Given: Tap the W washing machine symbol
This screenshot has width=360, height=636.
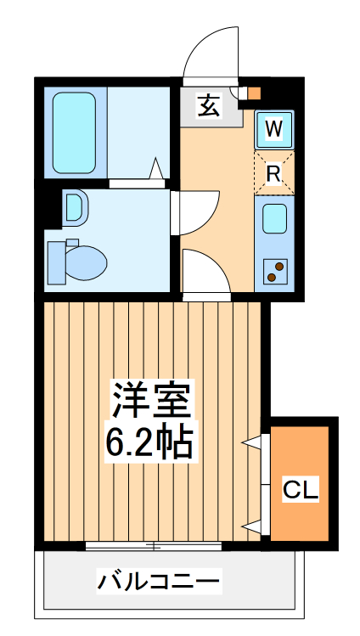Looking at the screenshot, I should (273, 129).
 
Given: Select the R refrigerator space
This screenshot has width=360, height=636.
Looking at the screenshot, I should (273, 174).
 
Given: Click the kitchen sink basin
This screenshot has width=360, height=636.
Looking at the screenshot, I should (274, 219).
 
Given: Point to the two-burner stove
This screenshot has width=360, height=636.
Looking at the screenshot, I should (275, 270).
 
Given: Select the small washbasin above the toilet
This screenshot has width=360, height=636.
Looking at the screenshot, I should (73, 206).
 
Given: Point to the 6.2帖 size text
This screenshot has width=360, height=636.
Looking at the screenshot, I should (149, 440).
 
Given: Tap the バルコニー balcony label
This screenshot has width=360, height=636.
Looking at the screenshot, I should (159, 583).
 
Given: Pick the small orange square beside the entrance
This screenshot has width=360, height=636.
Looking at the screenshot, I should (254, 93).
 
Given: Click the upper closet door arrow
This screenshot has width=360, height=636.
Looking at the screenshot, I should (252, 442).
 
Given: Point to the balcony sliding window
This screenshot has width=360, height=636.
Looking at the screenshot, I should (152, 543).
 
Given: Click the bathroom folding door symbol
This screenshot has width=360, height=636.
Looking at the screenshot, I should (157, 170).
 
